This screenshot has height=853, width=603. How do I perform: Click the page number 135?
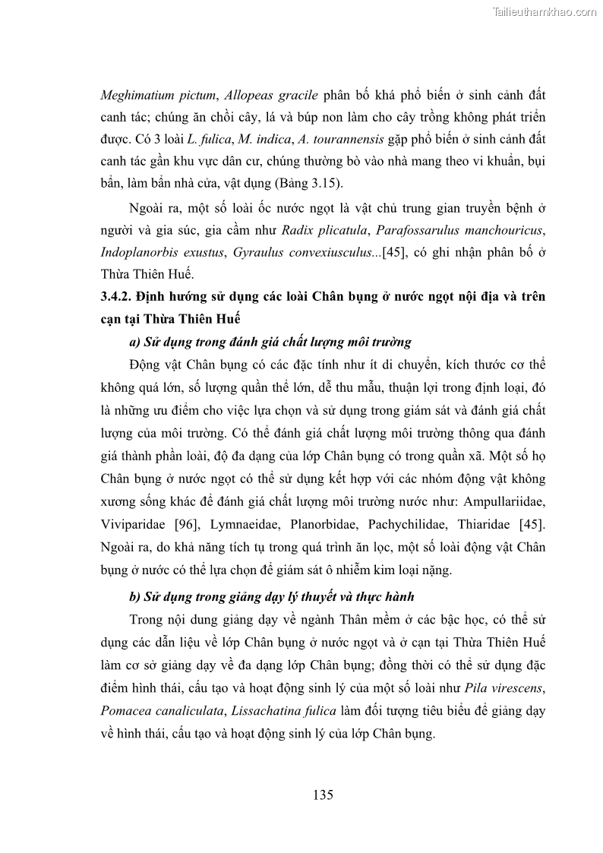tap(323, 795)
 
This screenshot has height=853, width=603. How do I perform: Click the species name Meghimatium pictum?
tap(158, 96)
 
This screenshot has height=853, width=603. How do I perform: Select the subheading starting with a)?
tap(270, 342)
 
